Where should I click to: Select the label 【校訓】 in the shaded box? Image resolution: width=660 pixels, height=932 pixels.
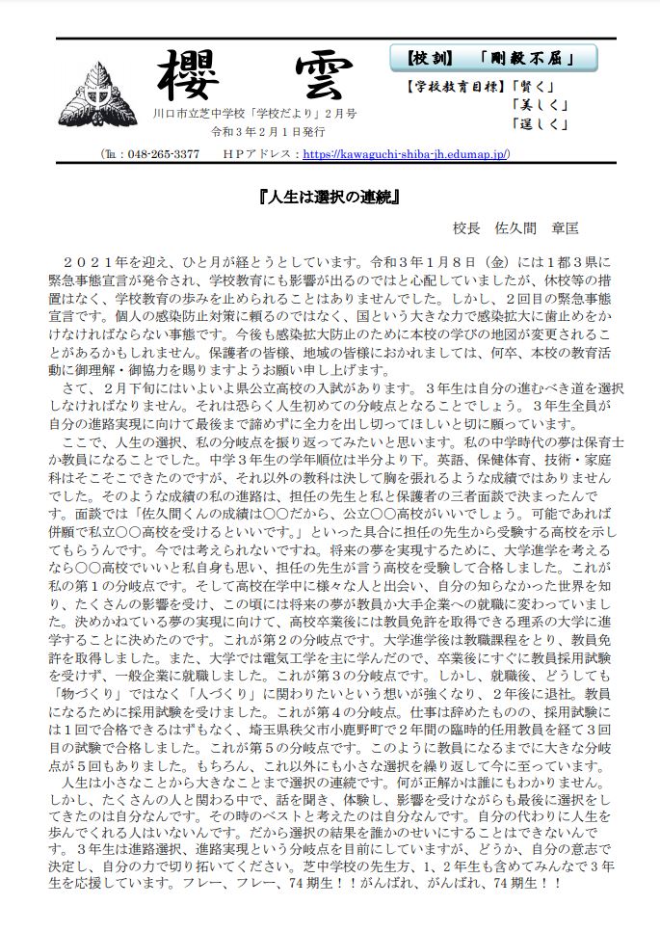click(430, 59)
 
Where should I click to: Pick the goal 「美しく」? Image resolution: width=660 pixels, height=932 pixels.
click(542, 104)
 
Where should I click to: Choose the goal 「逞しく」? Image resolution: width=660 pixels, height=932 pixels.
click(542, 122)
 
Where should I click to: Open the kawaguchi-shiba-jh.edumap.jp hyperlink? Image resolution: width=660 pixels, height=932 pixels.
click(406, 154)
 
